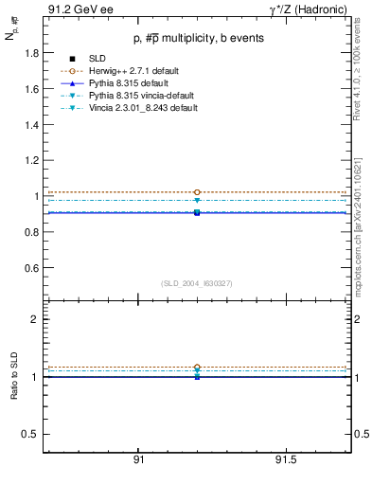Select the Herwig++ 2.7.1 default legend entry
(x=142, y=71)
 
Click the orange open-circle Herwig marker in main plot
(x=197, y=192)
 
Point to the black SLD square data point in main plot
(x=197, y=212)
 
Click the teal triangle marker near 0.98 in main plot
(x=197, y=200)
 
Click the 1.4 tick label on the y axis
(x=28, y=125)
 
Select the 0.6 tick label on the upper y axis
(x=28, y=268)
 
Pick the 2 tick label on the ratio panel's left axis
(x=34, y=319)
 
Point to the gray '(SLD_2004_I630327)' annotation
(x=197, y=283)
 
